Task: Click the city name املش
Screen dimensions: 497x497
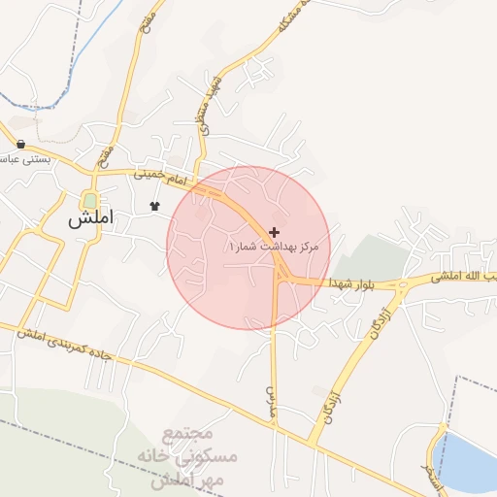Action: [90, 219]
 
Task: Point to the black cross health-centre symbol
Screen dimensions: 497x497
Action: [275, 232]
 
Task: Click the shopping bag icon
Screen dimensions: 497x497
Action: [21, 145]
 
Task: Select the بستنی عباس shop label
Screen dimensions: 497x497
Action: [23, 157]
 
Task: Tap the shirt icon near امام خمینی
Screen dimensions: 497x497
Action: [153, 206]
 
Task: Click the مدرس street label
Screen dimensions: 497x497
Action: [271, 395]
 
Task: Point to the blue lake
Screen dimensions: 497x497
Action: [466, 462]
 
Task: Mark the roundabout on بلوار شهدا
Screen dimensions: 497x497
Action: [401, 285]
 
